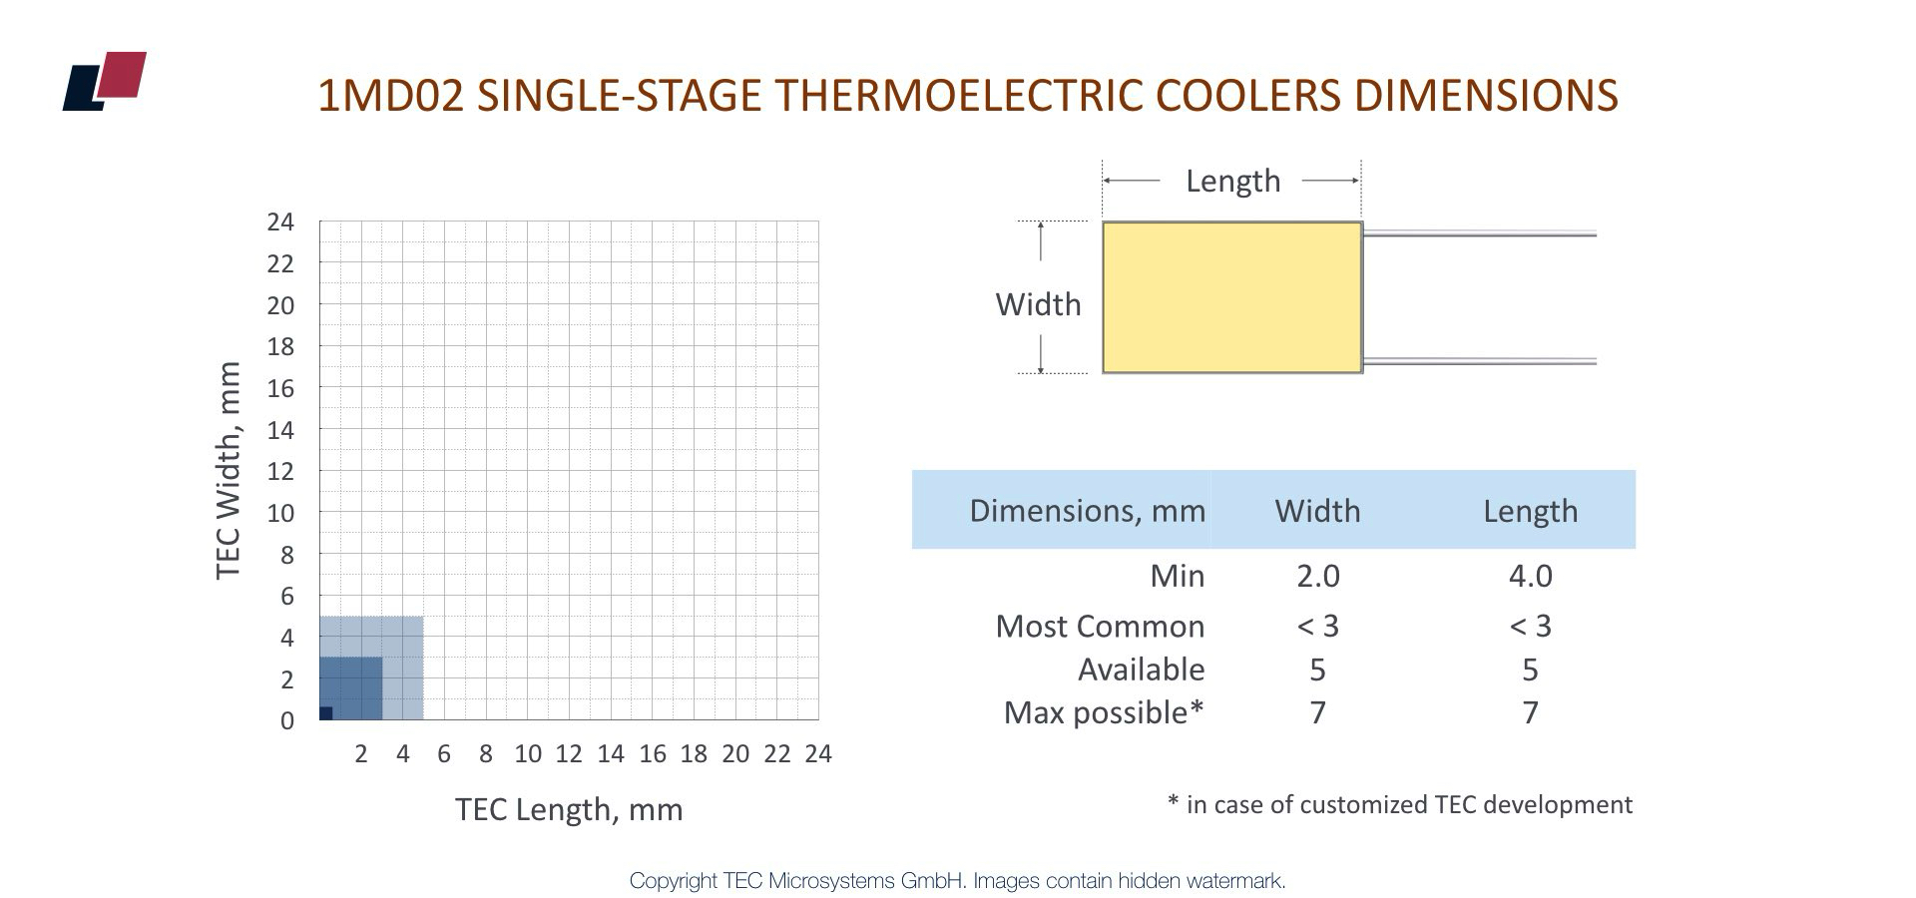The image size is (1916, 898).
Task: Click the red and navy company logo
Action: coord(104,81)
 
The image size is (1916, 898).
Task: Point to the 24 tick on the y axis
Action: coord(280,222)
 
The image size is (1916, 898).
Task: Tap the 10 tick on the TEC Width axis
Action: coord(280,513)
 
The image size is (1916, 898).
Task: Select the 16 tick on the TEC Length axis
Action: coord(653,754)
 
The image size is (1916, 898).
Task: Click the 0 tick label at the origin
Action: coord(287,720)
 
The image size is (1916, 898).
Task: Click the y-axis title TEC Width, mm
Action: coord(229,470)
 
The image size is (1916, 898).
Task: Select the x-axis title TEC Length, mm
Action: coord(569,809)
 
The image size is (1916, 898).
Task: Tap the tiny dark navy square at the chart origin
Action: coord(326,712)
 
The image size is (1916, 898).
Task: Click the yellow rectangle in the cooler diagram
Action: coord(1232,297)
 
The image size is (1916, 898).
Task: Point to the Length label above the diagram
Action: coord(1232,181)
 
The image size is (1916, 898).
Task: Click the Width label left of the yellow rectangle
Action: coord(1038,304)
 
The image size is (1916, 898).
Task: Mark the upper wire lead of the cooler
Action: coord(1480,234)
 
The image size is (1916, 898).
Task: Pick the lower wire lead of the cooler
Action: coord(1480,361)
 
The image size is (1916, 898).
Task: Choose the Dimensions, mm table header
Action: coord(1087,511)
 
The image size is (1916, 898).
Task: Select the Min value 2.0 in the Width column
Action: coord(1317,576)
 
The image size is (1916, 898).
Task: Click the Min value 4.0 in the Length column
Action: coord(1530,576)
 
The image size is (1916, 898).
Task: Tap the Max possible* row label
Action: coord(1104,712)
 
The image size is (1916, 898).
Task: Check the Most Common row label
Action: coord(1100,626)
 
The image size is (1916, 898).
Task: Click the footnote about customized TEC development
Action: coord(1399,804)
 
